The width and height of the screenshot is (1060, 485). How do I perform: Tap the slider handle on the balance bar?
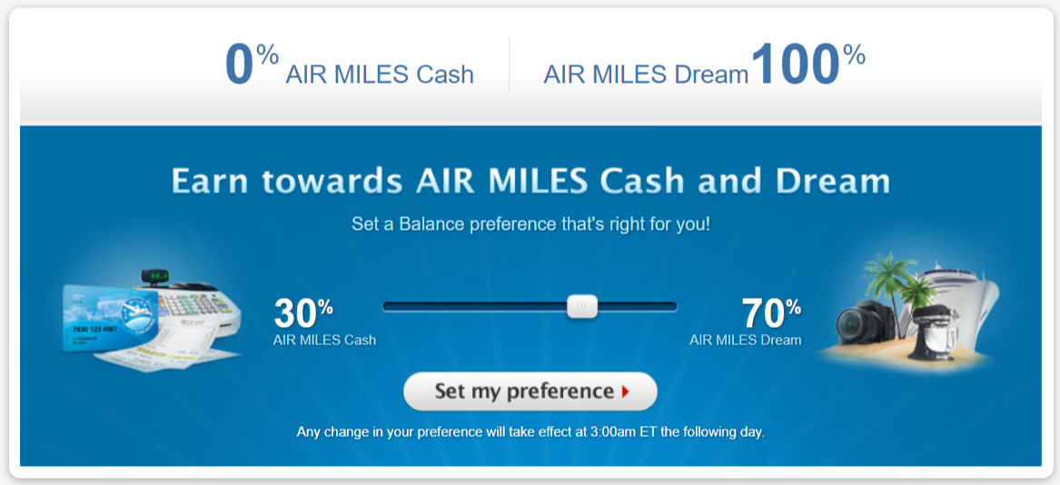click(582, 306)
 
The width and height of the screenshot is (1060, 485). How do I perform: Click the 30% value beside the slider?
click(303, 314)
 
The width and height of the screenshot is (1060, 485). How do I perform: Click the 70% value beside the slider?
click(771, 314)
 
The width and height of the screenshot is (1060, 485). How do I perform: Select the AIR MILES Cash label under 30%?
click(324, 341)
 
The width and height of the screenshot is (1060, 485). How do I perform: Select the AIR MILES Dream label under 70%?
click(745, 341)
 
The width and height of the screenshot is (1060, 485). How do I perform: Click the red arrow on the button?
click(625, 392)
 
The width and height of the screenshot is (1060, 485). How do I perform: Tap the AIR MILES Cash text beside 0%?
click(380, 74)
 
